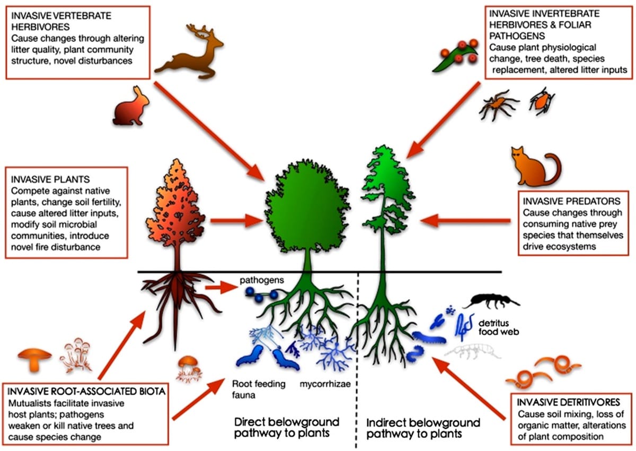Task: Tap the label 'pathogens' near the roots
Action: (257, 279)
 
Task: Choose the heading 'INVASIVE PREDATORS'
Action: (563, 202)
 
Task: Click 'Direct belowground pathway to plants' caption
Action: (287, 428)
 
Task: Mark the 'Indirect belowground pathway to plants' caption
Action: (423, 428)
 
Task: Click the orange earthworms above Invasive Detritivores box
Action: (543, 371)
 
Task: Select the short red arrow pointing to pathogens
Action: (218, 287)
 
